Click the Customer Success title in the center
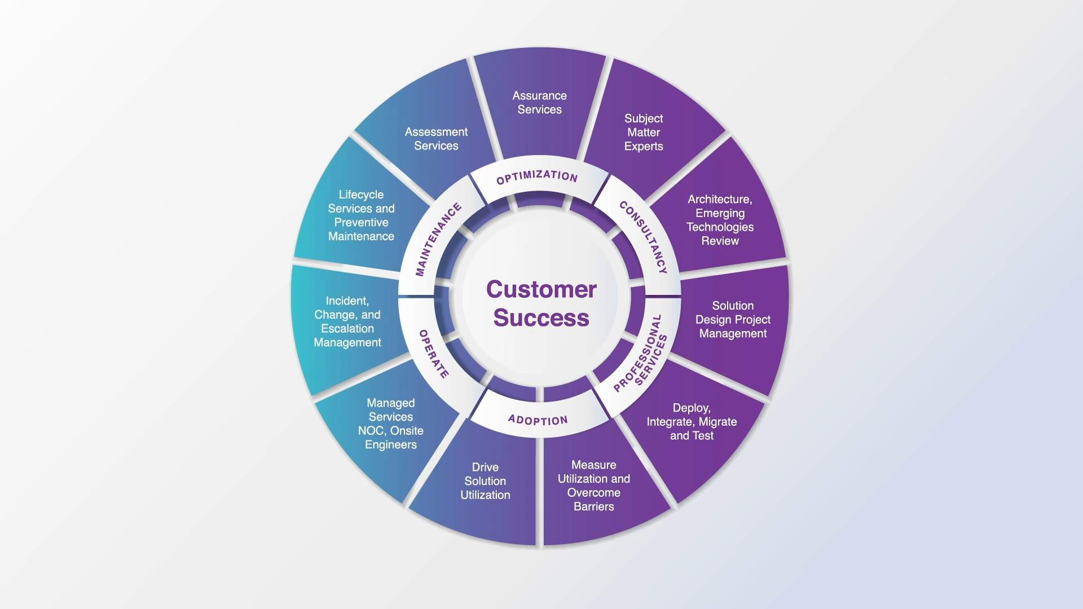pos(541,303)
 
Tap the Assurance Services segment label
pos(540,103)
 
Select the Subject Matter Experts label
pos(644,133)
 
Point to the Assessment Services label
pos(436,139)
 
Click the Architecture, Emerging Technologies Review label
pos(720,220)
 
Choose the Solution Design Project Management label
pos(733,320)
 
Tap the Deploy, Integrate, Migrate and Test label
pos(692,422)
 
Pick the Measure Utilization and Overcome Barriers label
pos(594,486)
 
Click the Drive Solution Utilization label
pos(485,481)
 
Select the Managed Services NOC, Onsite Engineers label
pos(390,424)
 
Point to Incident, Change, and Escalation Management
pos(347,321)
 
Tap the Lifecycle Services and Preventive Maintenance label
pos(361,215)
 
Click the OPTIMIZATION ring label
pos(537,176)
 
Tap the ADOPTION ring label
pos(538,420)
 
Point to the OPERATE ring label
pos(434,354)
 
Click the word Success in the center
pos(541,318)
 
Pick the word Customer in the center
pos(541,289)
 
